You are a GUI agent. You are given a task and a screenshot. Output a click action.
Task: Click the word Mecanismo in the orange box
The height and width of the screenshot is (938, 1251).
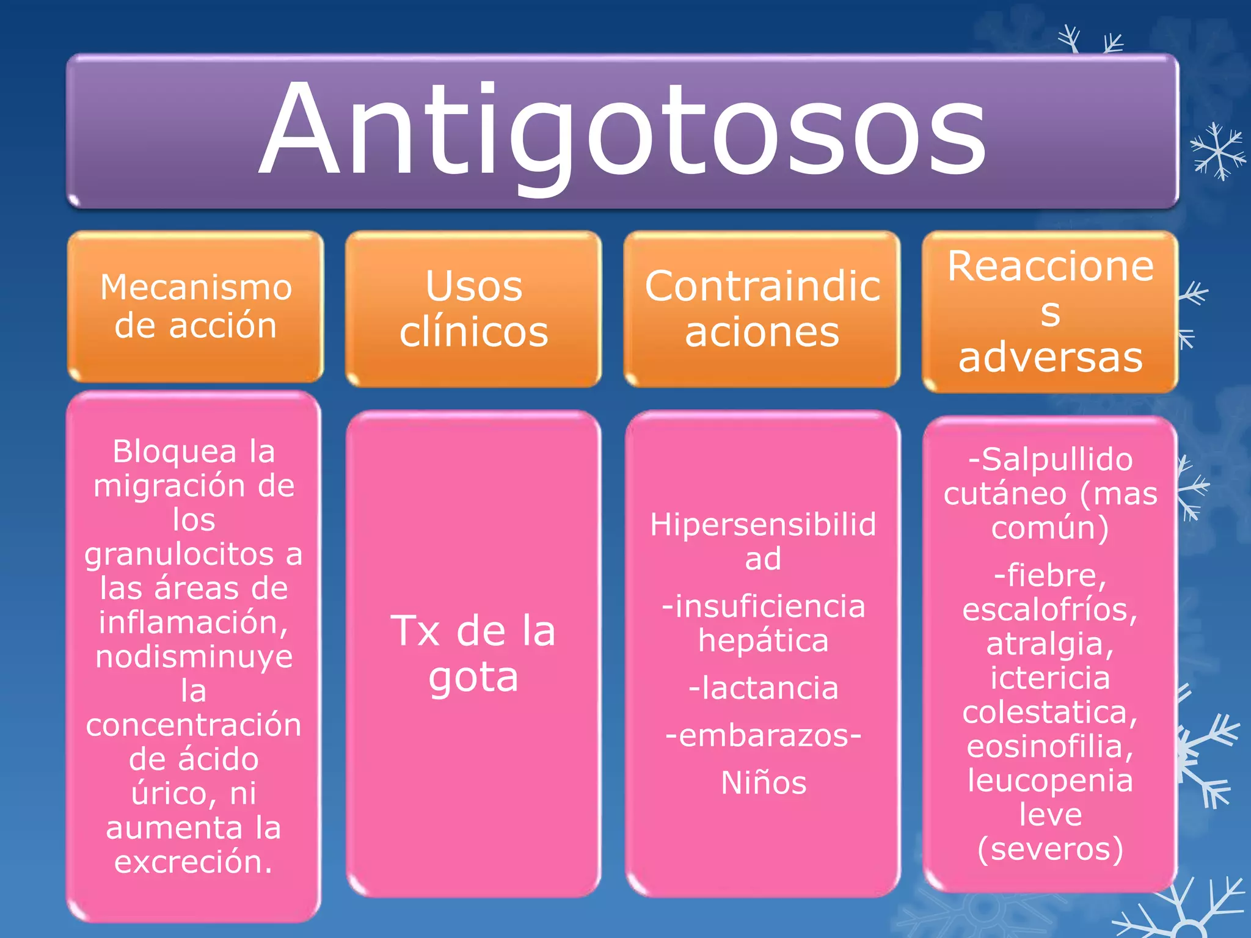pyautogui.click(x=196, y=287)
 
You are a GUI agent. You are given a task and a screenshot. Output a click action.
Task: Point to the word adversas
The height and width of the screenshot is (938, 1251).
pyautogui.click(x=1050, y=357)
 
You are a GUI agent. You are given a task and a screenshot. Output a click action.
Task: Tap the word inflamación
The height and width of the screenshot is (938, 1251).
pyautogui.click(x=194, y=623)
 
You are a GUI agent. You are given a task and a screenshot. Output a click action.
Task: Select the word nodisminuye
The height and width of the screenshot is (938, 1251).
pyautogui.click(x=194, y=657)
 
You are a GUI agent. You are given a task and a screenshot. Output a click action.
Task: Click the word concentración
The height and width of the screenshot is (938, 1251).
pyautogui.click(x=194, y=725)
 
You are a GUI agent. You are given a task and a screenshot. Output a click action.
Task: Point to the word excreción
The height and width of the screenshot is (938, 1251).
pyautogui.click(x=194, y=862)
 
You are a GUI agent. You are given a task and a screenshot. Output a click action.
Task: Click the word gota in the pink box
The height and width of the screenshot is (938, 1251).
pyautogui.click(x=473, y=677)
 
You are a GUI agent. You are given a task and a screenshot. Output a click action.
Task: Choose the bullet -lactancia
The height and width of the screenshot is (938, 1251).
pyautogui.click(x=763, y=688)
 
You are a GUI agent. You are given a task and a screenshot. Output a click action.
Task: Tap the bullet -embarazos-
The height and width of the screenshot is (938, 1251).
pyautogui.click(x=763, y=735)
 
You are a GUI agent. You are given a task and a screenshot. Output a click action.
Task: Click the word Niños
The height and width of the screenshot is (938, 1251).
pyautogui.click(x=764, y=783)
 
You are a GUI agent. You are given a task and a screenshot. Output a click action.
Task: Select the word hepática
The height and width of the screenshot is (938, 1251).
pyautogui.click(x=764, y=641)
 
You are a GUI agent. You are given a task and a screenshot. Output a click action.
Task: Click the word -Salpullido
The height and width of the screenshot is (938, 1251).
pyautogui.click(x=1050, y=459)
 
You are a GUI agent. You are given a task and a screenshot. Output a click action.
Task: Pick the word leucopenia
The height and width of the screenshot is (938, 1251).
pyautogui.click(x=1050, y=780)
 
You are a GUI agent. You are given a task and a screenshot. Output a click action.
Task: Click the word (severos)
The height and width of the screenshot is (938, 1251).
pyautogui.click(x=1050, y=849)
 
